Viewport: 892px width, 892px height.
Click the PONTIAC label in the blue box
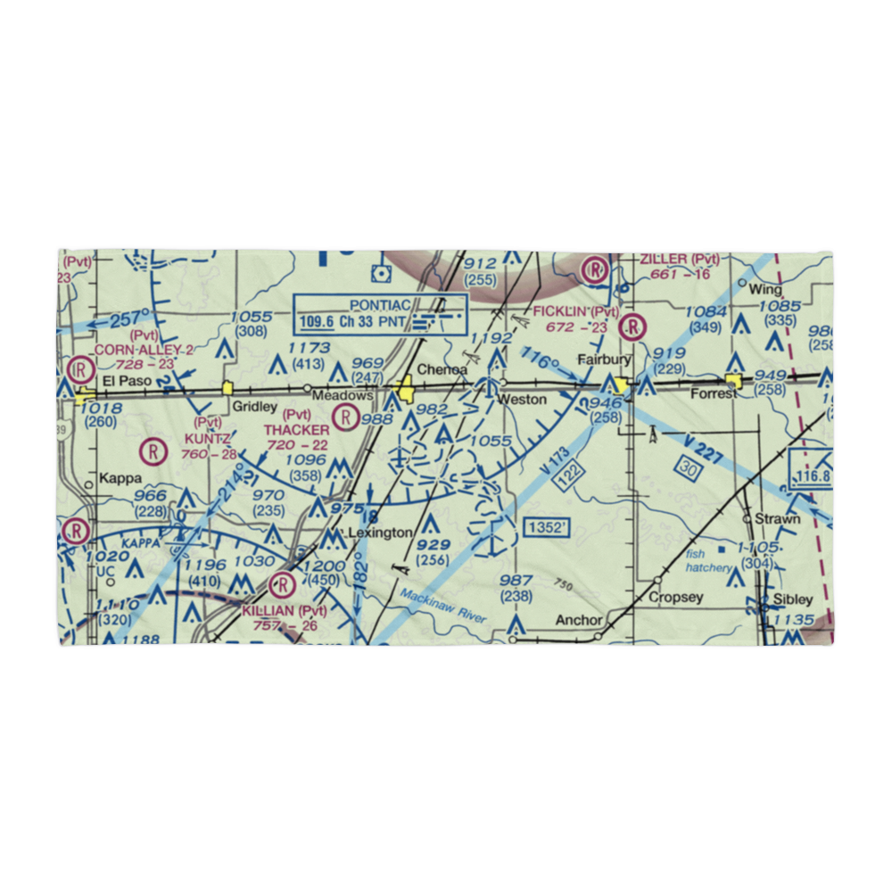[379, 305]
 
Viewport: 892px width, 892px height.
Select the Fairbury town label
[604, 360]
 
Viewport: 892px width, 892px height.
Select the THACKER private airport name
[297, 430]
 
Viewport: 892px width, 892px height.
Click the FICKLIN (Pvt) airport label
[575, 310]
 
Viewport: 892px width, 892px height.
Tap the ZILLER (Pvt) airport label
[679, 260]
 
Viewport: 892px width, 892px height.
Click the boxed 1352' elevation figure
[546, 527]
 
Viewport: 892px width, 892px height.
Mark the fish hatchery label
[707, 559]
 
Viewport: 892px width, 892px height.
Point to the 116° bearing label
[541, 363]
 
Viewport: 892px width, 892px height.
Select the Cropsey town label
[676, 597]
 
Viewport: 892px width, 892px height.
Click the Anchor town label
[579, 619]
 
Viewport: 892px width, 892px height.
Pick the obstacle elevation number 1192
[492, 338]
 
